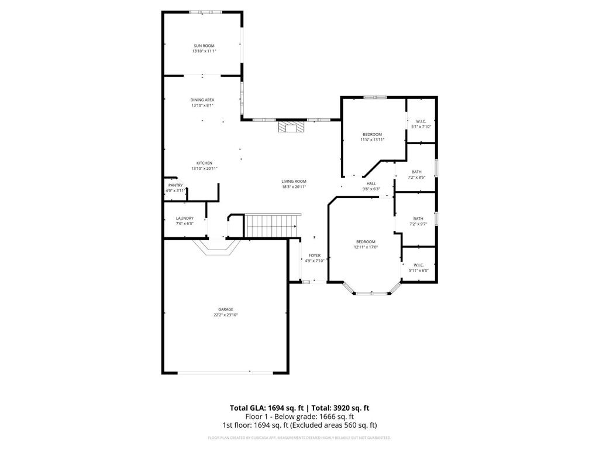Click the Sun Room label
click(x=204, y=46)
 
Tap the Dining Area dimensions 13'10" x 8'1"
click(x=202, y=105)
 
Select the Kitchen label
click(x=204, y=163)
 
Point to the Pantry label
click(x=175, y=185)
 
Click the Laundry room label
click(x=184, y=218)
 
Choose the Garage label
click(x=226, y=309)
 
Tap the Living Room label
click(x=294, y=182)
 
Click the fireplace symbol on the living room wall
click(x=291, y=128)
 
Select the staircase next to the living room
click(x=273, y=226)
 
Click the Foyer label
click(x=315, y=255)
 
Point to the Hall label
click(x=371, y=183)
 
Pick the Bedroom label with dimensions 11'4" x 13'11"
click(x=372, y=134)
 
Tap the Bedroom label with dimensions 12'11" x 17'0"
click(x=366, y=241)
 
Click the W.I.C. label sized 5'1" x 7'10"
click(x=421, y=121)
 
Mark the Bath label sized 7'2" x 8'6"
click(x=416, y=172)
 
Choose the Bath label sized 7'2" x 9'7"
click(x=418, y=219)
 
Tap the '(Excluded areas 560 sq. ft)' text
click(x=340, y=425)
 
